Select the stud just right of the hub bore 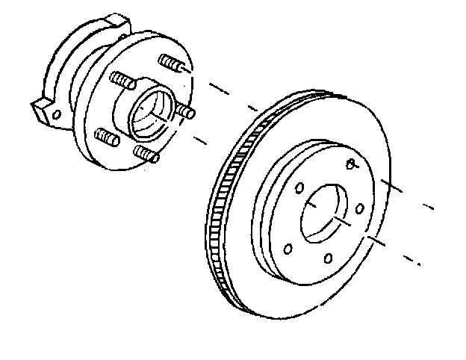tap(184, 112)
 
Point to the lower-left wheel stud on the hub tap(108, 137)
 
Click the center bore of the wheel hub tap(149, 111)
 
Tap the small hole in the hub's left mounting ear tap(54, 114)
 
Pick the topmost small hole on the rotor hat tap(351, 163)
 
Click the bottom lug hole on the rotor tap(329, 259)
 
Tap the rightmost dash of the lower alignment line tap(409, 261)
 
